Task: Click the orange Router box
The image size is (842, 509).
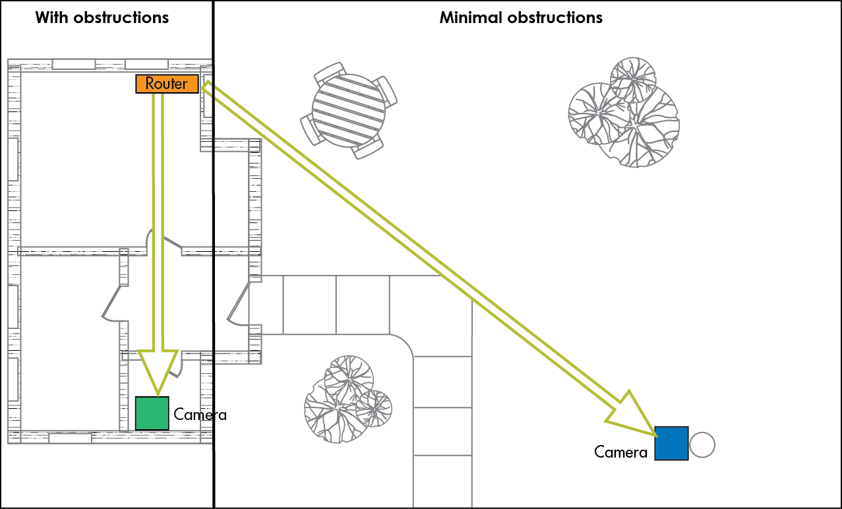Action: [167, 84]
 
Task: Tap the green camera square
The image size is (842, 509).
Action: [152, 413]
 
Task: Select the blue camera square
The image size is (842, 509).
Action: [671, 443]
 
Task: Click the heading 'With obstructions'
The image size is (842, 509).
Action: [102, 17]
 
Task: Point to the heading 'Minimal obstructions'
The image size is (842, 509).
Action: [521, 17]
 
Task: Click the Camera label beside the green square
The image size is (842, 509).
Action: [200, 415]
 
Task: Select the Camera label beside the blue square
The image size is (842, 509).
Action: [620, 452]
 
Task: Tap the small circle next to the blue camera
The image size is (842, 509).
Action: [702, 445]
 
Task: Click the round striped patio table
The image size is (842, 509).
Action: [348, 109]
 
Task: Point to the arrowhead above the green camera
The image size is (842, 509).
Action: [158, 370]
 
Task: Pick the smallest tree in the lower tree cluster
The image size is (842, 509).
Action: [374, 408]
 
